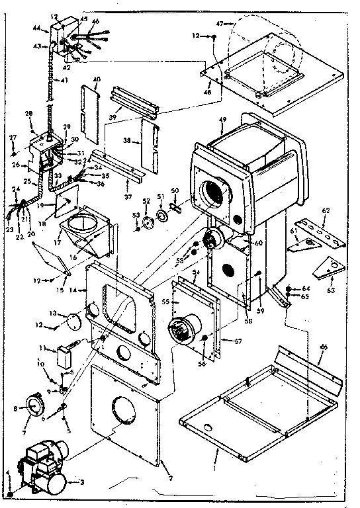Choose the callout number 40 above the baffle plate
click(97, 79)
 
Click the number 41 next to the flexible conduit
click(64, 81)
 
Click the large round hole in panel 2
click(122, 409)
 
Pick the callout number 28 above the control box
click(28, 114)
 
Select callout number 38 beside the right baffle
click(128, 141)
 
